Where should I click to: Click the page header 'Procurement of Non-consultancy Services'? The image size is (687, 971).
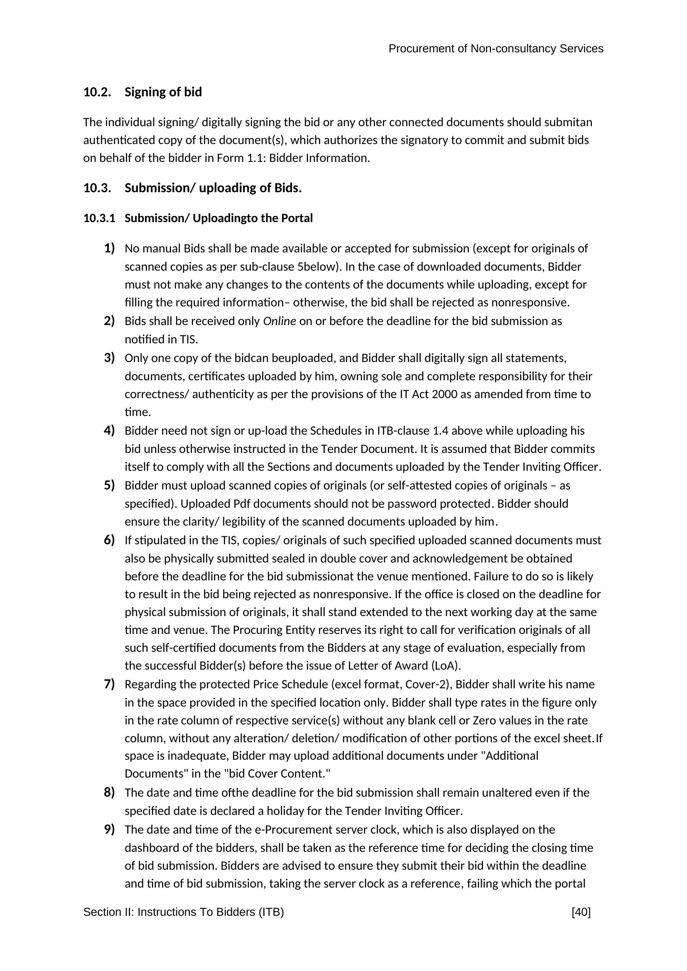[496, 49]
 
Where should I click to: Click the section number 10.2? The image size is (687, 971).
[97, 92]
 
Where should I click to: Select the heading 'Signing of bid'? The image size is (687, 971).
[163, 92]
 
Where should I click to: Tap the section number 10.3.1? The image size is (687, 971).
[99, 218]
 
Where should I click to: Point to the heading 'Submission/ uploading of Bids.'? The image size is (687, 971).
[213, 188]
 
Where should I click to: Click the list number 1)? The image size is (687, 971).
[109, 248]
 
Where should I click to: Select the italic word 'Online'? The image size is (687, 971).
[279, 321]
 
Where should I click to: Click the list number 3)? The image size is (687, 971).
[109, 358]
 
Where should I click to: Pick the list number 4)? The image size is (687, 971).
[109, 430]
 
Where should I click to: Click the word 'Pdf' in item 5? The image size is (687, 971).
[242, 504]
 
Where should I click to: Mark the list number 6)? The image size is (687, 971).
[109, 540]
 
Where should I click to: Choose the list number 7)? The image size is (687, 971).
[109, 684]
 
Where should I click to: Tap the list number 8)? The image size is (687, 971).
[109, 792]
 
